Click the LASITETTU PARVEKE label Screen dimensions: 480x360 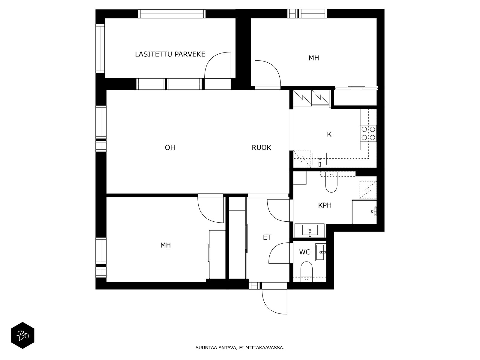click(x=170, y=54)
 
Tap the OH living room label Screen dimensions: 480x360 click(x=170, y=148)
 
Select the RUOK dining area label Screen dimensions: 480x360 click(x=261, y=148)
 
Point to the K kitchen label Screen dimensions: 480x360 click(x=329, y=134)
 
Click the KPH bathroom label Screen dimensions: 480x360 click(x=325, y=205)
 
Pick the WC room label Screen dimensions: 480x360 click(x=304, y=252)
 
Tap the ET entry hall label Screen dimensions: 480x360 click(x=267, y=237)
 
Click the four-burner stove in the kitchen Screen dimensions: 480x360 click(x=368, y=133)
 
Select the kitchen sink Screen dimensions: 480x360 click(x=320, y=159)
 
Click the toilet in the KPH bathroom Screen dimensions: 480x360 click(x=331, y=182)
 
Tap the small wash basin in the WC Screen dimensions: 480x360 click(x=321, y=252)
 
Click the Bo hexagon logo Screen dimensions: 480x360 click(x=23, y=335)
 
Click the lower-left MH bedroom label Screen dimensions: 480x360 click(x=166, y=245)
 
